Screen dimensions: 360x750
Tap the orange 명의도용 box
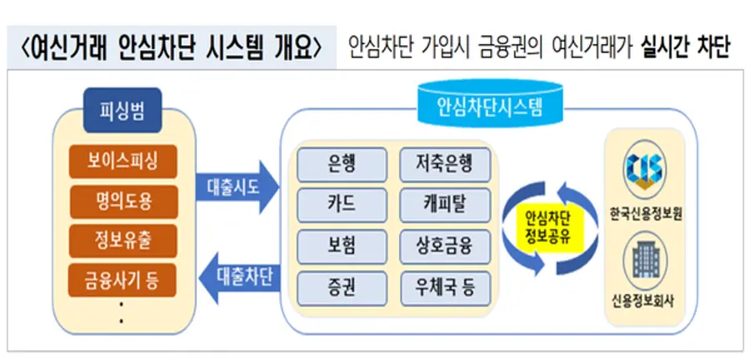[x=123, y=198]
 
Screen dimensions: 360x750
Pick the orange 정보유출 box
[x=123, y=237]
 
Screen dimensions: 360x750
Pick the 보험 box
[x=342, y=247]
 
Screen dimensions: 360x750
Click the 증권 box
[x=342, y=288]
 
